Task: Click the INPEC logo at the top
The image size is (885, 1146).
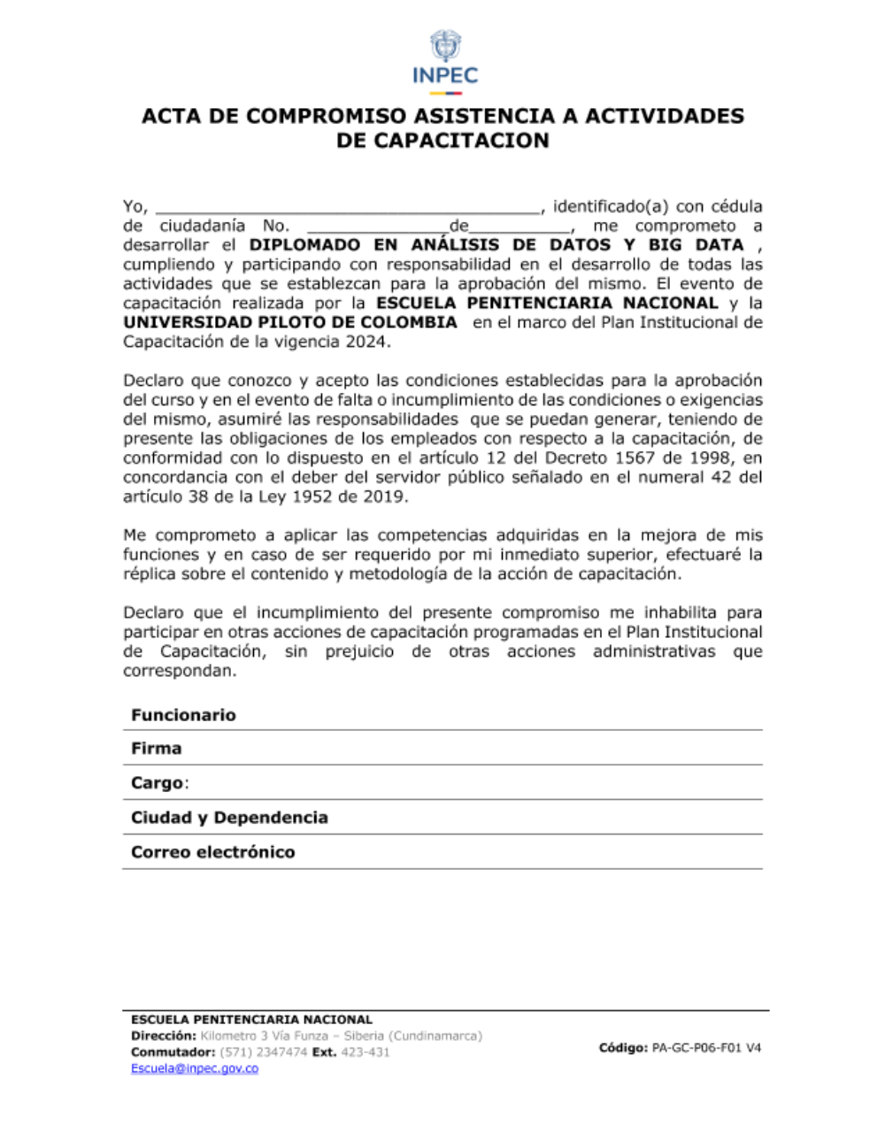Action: [x=444, y=60]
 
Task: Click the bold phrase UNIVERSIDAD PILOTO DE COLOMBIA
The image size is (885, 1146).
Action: [x=290, y=322]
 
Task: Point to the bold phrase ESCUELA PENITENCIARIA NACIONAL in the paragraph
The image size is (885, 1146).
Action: [x=547, y=303]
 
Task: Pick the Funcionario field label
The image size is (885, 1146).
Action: [x=183, y=715]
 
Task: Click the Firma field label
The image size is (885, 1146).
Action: [x=157, y=749]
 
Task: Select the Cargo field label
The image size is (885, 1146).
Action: [x=158, y=783]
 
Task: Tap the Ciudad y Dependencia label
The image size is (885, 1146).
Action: [x=229, y=818]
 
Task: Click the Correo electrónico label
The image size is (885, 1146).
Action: [x=212, y=852]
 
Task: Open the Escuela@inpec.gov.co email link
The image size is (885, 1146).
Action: [x=195, y=1068]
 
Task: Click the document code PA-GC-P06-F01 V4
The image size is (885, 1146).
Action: [x=706, y=1048]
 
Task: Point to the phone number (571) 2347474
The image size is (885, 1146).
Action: [x=263, y=1052]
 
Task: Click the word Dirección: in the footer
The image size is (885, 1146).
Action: [x=164, y=1035]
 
